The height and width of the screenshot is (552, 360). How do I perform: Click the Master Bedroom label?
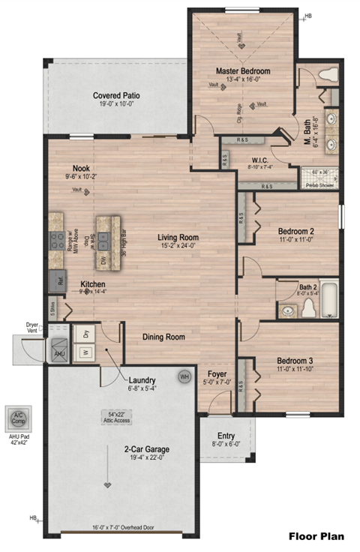(x=242, y=71)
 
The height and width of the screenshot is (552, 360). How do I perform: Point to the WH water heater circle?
(x=184, y=376)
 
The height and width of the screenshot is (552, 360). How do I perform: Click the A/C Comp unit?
(x=16, y=418)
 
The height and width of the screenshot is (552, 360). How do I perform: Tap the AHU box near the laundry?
(x=58, y=352)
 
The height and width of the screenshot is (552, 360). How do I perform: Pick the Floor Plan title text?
(x=317, y=536)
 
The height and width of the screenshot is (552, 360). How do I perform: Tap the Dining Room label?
(x=163, y=337)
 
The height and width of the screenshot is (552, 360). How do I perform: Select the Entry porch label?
(x=226, y=436)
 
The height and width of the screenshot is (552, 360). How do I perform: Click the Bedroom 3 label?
(x=289, y=359)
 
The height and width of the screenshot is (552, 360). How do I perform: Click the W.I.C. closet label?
(x=259, y=159)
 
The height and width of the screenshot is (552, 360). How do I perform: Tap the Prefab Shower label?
(x=319, y=184)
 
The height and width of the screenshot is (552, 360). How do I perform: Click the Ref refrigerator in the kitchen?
(x=57, y=281)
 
